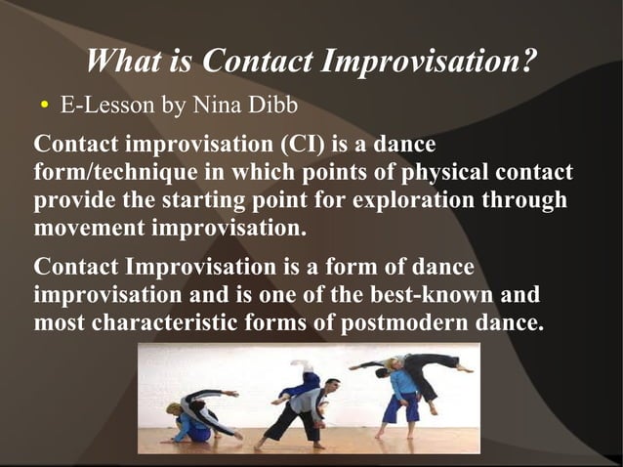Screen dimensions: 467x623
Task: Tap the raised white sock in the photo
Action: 299,363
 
